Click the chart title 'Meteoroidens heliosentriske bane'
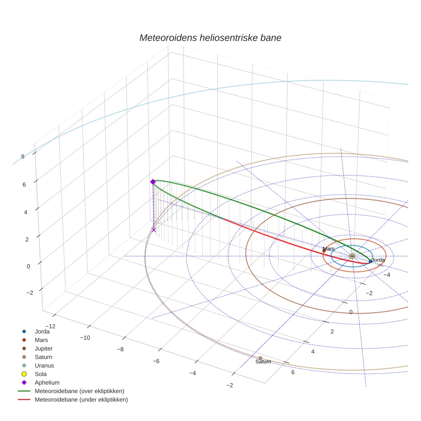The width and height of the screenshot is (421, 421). coord(210,38)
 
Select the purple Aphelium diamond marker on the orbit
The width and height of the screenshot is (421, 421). coord(153,182)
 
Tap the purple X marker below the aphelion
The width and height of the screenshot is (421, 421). coord(154,230)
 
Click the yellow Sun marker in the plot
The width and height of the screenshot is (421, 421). coord(352,256)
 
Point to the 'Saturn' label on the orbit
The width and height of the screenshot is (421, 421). coord(263,362)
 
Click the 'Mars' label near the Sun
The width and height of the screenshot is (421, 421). coord(329,249)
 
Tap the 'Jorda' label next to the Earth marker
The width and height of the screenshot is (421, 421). coord(378,260)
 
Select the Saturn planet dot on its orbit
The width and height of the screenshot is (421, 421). coord(260,358)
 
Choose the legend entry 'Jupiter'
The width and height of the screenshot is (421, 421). coord(44,348)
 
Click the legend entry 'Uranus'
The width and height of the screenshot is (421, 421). coord(44,365)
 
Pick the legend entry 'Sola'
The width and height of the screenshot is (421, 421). coord(41,374)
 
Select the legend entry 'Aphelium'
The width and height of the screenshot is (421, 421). coord(47,382)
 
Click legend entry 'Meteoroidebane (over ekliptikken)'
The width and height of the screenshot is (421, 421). coord(79,391)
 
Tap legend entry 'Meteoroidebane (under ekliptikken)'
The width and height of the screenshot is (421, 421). coord(81,400)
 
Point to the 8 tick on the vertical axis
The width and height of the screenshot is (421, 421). coord(23,157)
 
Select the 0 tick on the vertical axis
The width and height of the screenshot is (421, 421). coord(28,266)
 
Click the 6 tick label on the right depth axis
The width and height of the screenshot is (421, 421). coord(293,372)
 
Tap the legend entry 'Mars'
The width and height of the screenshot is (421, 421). coord(42,340)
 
